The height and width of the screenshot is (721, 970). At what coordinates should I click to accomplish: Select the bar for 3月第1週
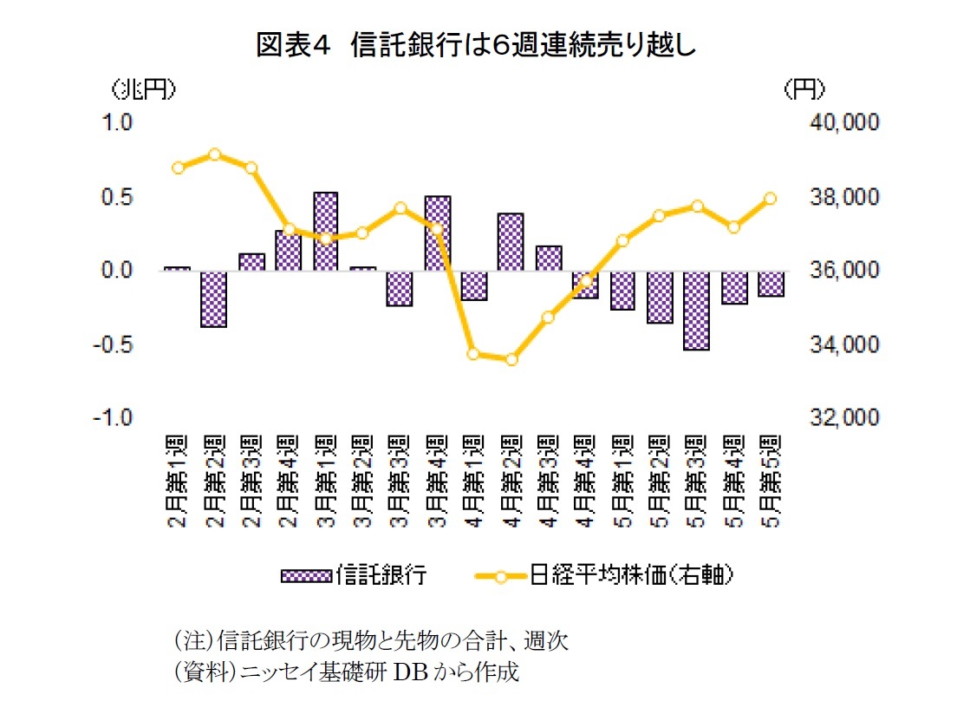[x=325, y=231]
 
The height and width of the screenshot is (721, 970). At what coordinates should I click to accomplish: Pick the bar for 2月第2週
[x=213, y=298]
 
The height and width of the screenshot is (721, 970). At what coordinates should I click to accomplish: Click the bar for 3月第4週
[x=437, y=233]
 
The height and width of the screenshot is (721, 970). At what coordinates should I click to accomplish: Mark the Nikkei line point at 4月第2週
[x=511, y=359]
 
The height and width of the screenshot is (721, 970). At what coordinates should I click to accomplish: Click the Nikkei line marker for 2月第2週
[x=214, y=154]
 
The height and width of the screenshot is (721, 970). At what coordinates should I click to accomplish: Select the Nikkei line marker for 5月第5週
[x=770, y=198]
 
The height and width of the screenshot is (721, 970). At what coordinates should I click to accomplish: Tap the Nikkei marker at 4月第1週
[x=473, y=353]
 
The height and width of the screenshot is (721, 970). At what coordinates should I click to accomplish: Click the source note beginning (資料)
[x=346, y=672]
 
